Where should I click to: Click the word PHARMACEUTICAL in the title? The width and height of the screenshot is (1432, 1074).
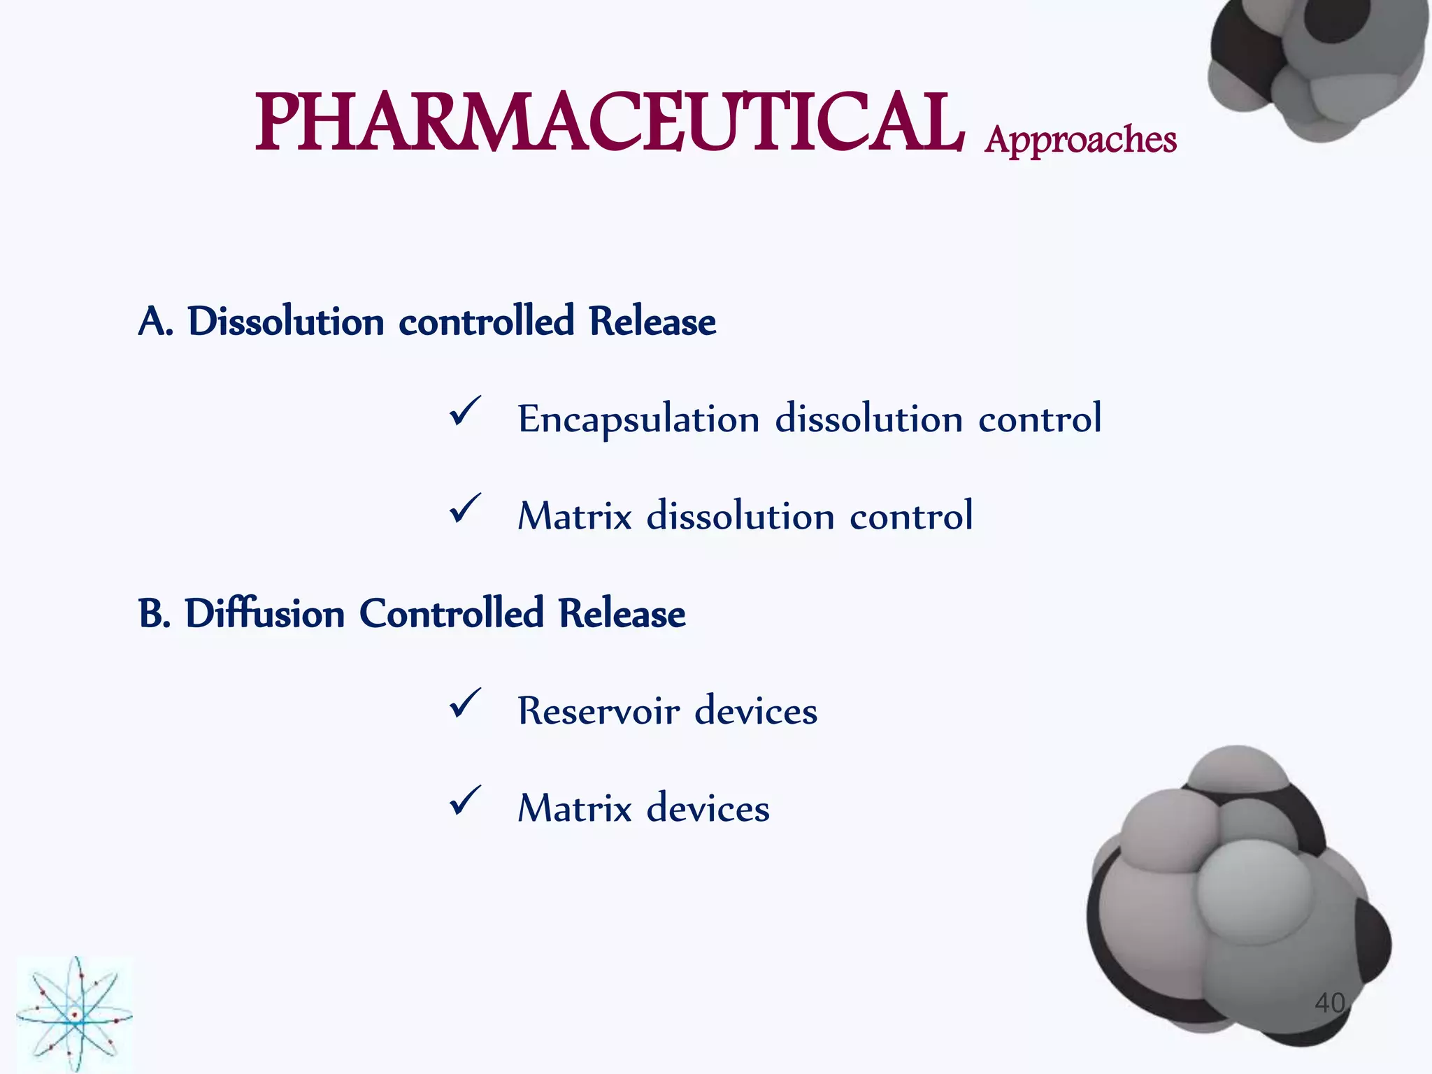click(x=608, y=124)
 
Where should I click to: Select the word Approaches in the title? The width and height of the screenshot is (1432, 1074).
click(x=1080, y=140)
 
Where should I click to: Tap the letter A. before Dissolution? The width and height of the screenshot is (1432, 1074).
click(x=155, y=322)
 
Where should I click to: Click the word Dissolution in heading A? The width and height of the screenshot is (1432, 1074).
click(x=286, y=322)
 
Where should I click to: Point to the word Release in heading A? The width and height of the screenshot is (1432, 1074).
click(x=652, y=322)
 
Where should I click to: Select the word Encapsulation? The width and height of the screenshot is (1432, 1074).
click(x=638, y=420)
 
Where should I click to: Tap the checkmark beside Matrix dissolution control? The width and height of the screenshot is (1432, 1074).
click(x=464, y=508)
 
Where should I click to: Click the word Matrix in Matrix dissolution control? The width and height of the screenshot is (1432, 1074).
click(x=574, y=517)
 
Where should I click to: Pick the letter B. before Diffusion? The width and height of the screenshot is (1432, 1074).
click(x=154, y=615)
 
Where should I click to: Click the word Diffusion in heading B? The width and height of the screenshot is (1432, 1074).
click(x=264, y=615)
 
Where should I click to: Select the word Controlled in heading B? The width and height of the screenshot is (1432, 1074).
click(x=451, y=615)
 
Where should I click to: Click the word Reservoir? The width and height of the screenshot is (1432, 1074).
click(x=598, y=712)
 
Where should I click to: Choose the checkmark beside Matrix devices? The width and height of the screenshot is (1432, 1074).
click(x=464, y=801)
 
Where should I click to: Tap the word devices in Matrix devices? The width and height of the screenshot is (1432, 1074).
click(x=708, y=809)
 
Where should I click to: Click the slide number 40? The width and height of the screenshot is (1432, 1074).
click(x=1329, y=1003)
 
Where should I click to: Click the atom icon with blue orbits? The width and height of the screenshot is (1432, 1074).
click(x=74, y=1014)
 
